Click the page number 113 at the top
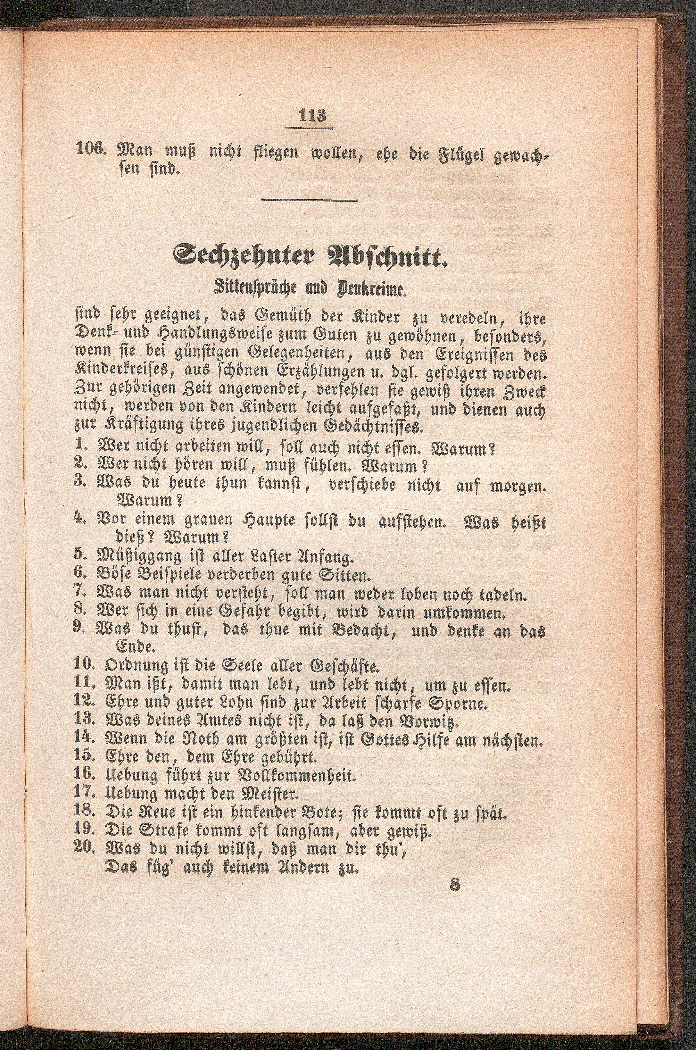click(x=313, y=117)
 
